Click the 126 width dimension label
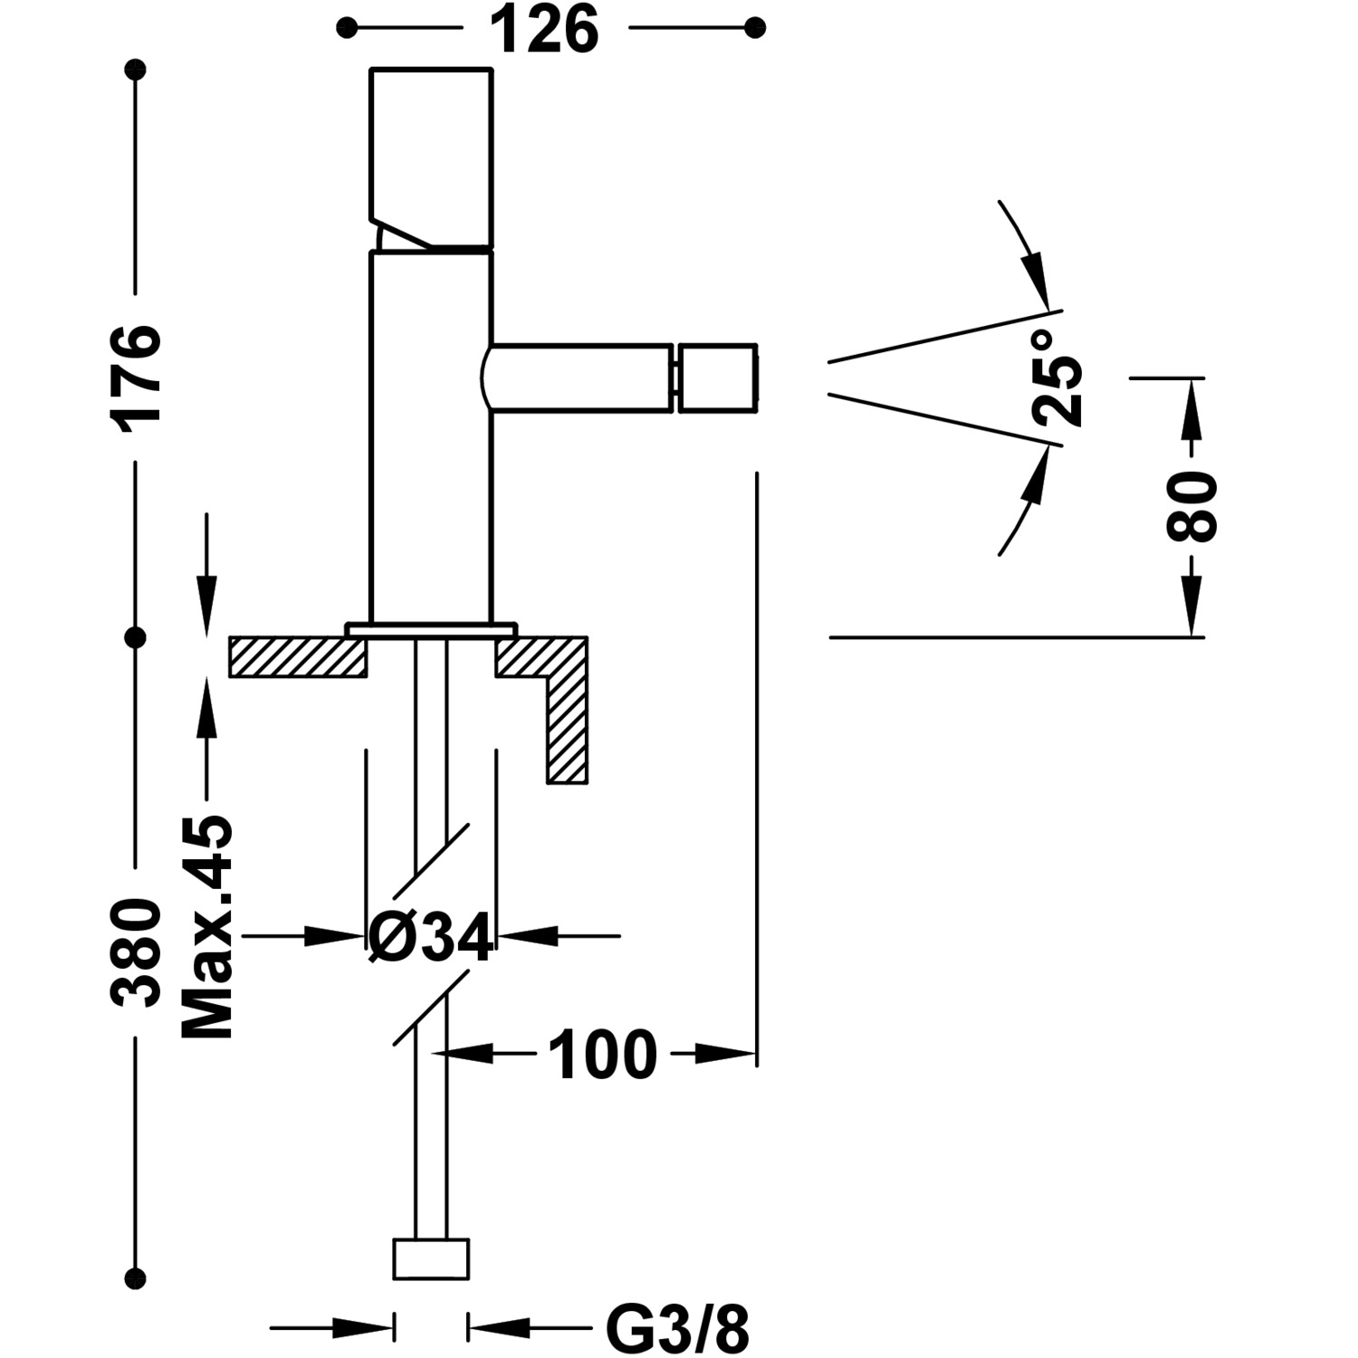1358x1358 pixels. (x=545, y=30)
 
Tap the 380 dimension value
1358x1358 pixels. (x=137, y=952)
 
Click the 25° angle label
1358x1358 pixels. (x=1057, y=378)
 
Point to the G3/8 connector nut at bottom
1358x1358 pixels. (x=431, y=1259)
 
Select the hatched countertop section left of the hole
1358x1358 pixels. (x=298, y=657)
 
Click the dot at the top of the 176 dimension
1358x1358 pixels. (x=137, y=69)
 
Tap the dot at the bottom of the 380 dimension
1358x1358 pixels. (x=137, y=1277)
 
